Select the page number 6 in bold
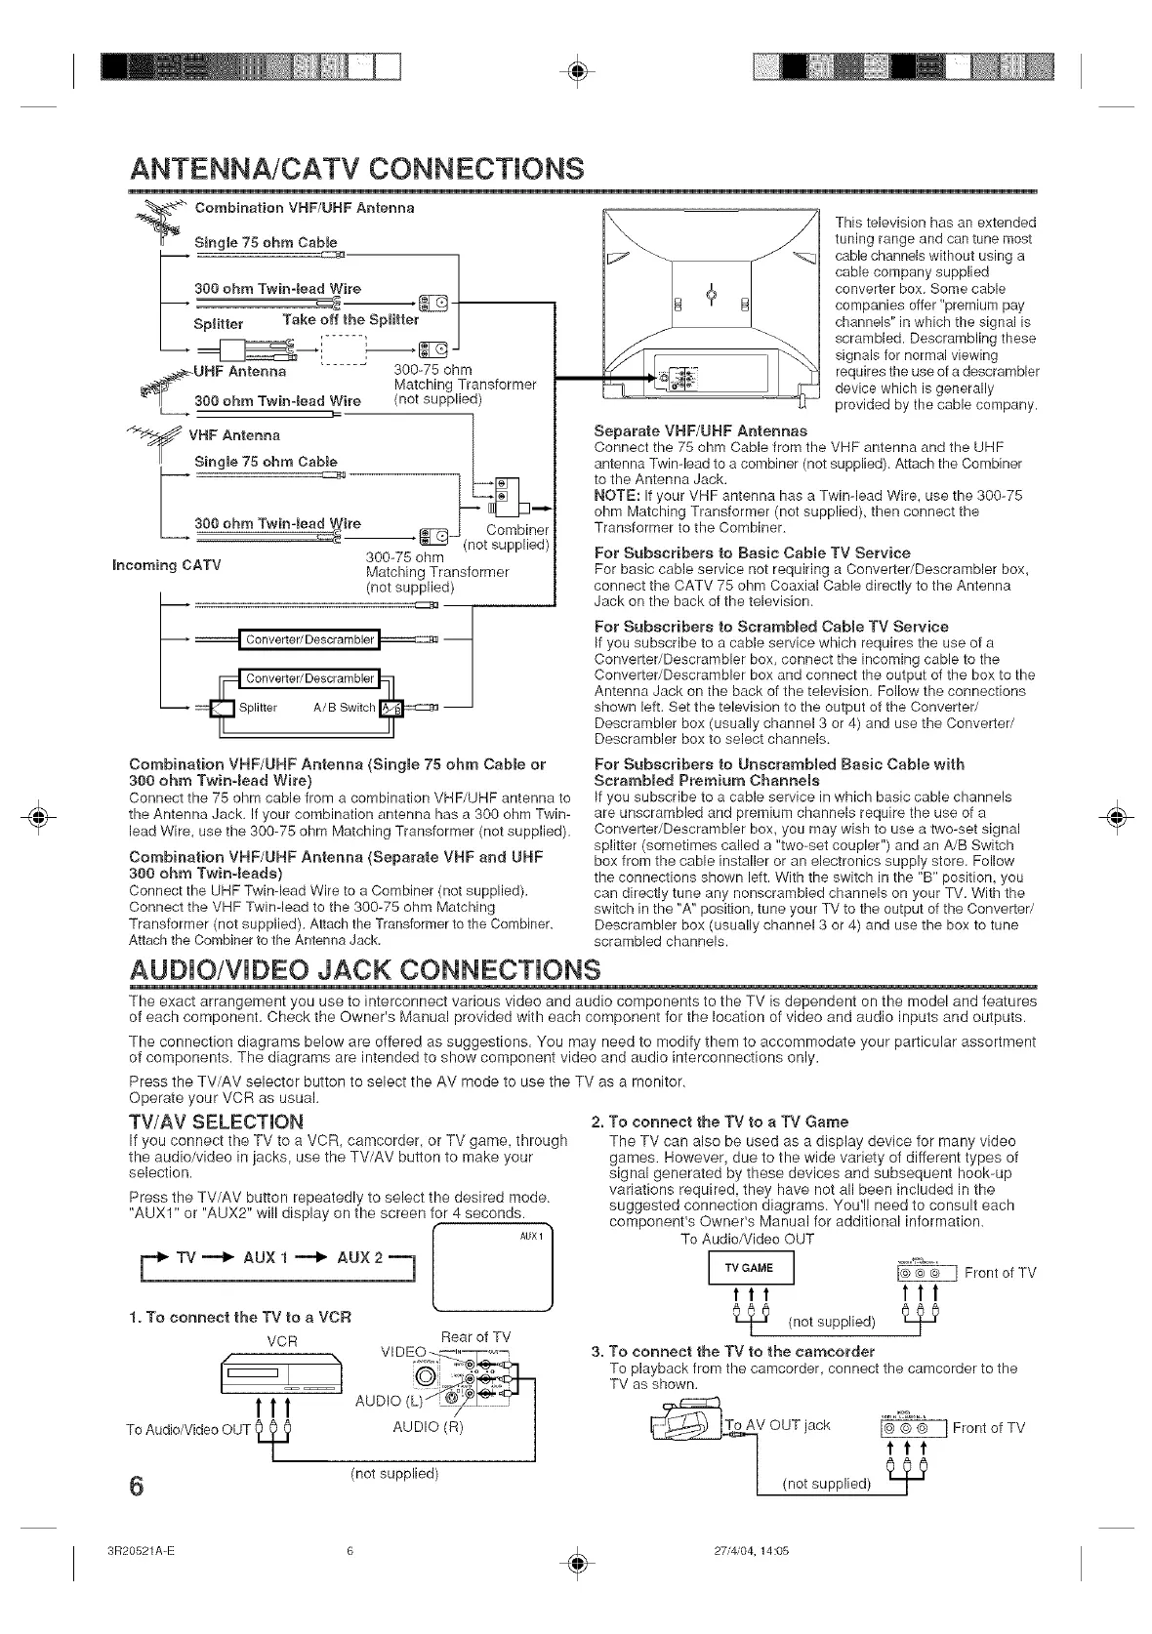[136, 1486]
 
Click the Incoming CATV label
[166, 565]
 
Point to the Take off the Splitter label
[350, 319]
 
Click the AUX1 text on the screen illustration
[531, 1232]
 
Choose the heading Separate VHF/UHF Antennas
[701, 430]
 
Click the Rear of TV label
[475, 1336]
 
